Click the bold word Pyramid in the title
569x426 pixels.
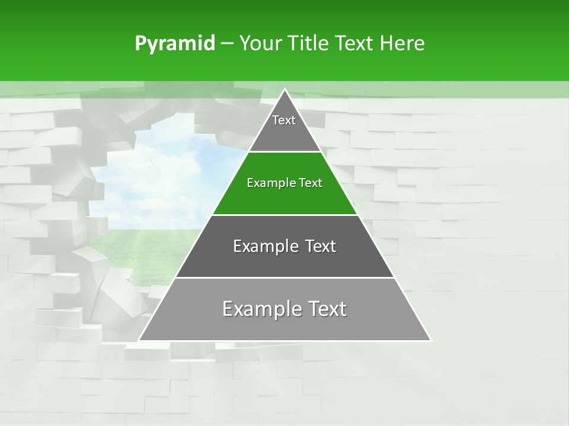[174, 44]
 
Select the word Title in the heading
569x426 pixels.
[308, 44]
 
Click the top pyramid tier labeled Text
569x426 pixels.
[284, 127]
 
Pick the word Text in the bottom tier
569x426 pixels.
[324, 309]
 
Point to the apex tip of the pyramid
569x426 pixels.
[285, 89]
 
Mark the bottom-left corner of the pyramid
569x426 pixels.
[139, 340]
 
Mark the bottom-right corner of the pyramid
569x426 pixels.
[431, 340]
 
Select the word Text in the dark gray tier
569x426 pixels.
[321, 246]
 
